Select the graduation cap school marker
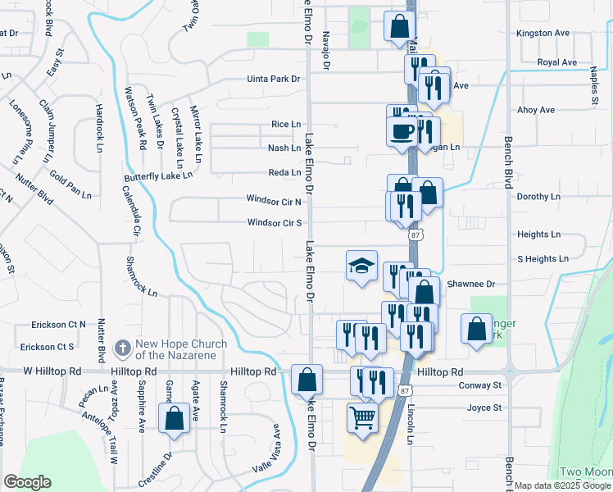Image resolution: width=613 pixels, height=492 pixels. pos(361,266)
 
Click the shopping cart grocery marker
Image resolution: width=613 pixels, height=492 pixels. pos(361,417)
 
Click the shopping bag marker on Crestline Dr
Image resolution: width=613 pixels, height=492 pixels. pos(175,418)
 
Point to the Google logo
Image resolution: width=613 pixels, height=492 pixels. pos(27,482)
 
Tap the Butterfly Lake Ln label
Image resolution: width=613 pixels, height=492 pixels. pos(158,175)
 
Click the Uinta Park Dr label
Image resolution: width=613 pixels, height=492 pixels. pos(275,80)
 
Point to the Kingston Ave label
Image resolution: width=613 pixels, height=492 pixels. pos(542,34)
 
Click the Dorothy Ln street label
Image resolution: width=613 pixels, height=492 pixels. pos(538,197)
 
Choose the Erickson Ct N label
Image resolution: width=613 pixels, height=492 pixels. pos(58,325)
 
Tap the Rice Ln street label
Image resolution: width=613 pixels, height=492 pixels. pos(285,124)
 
